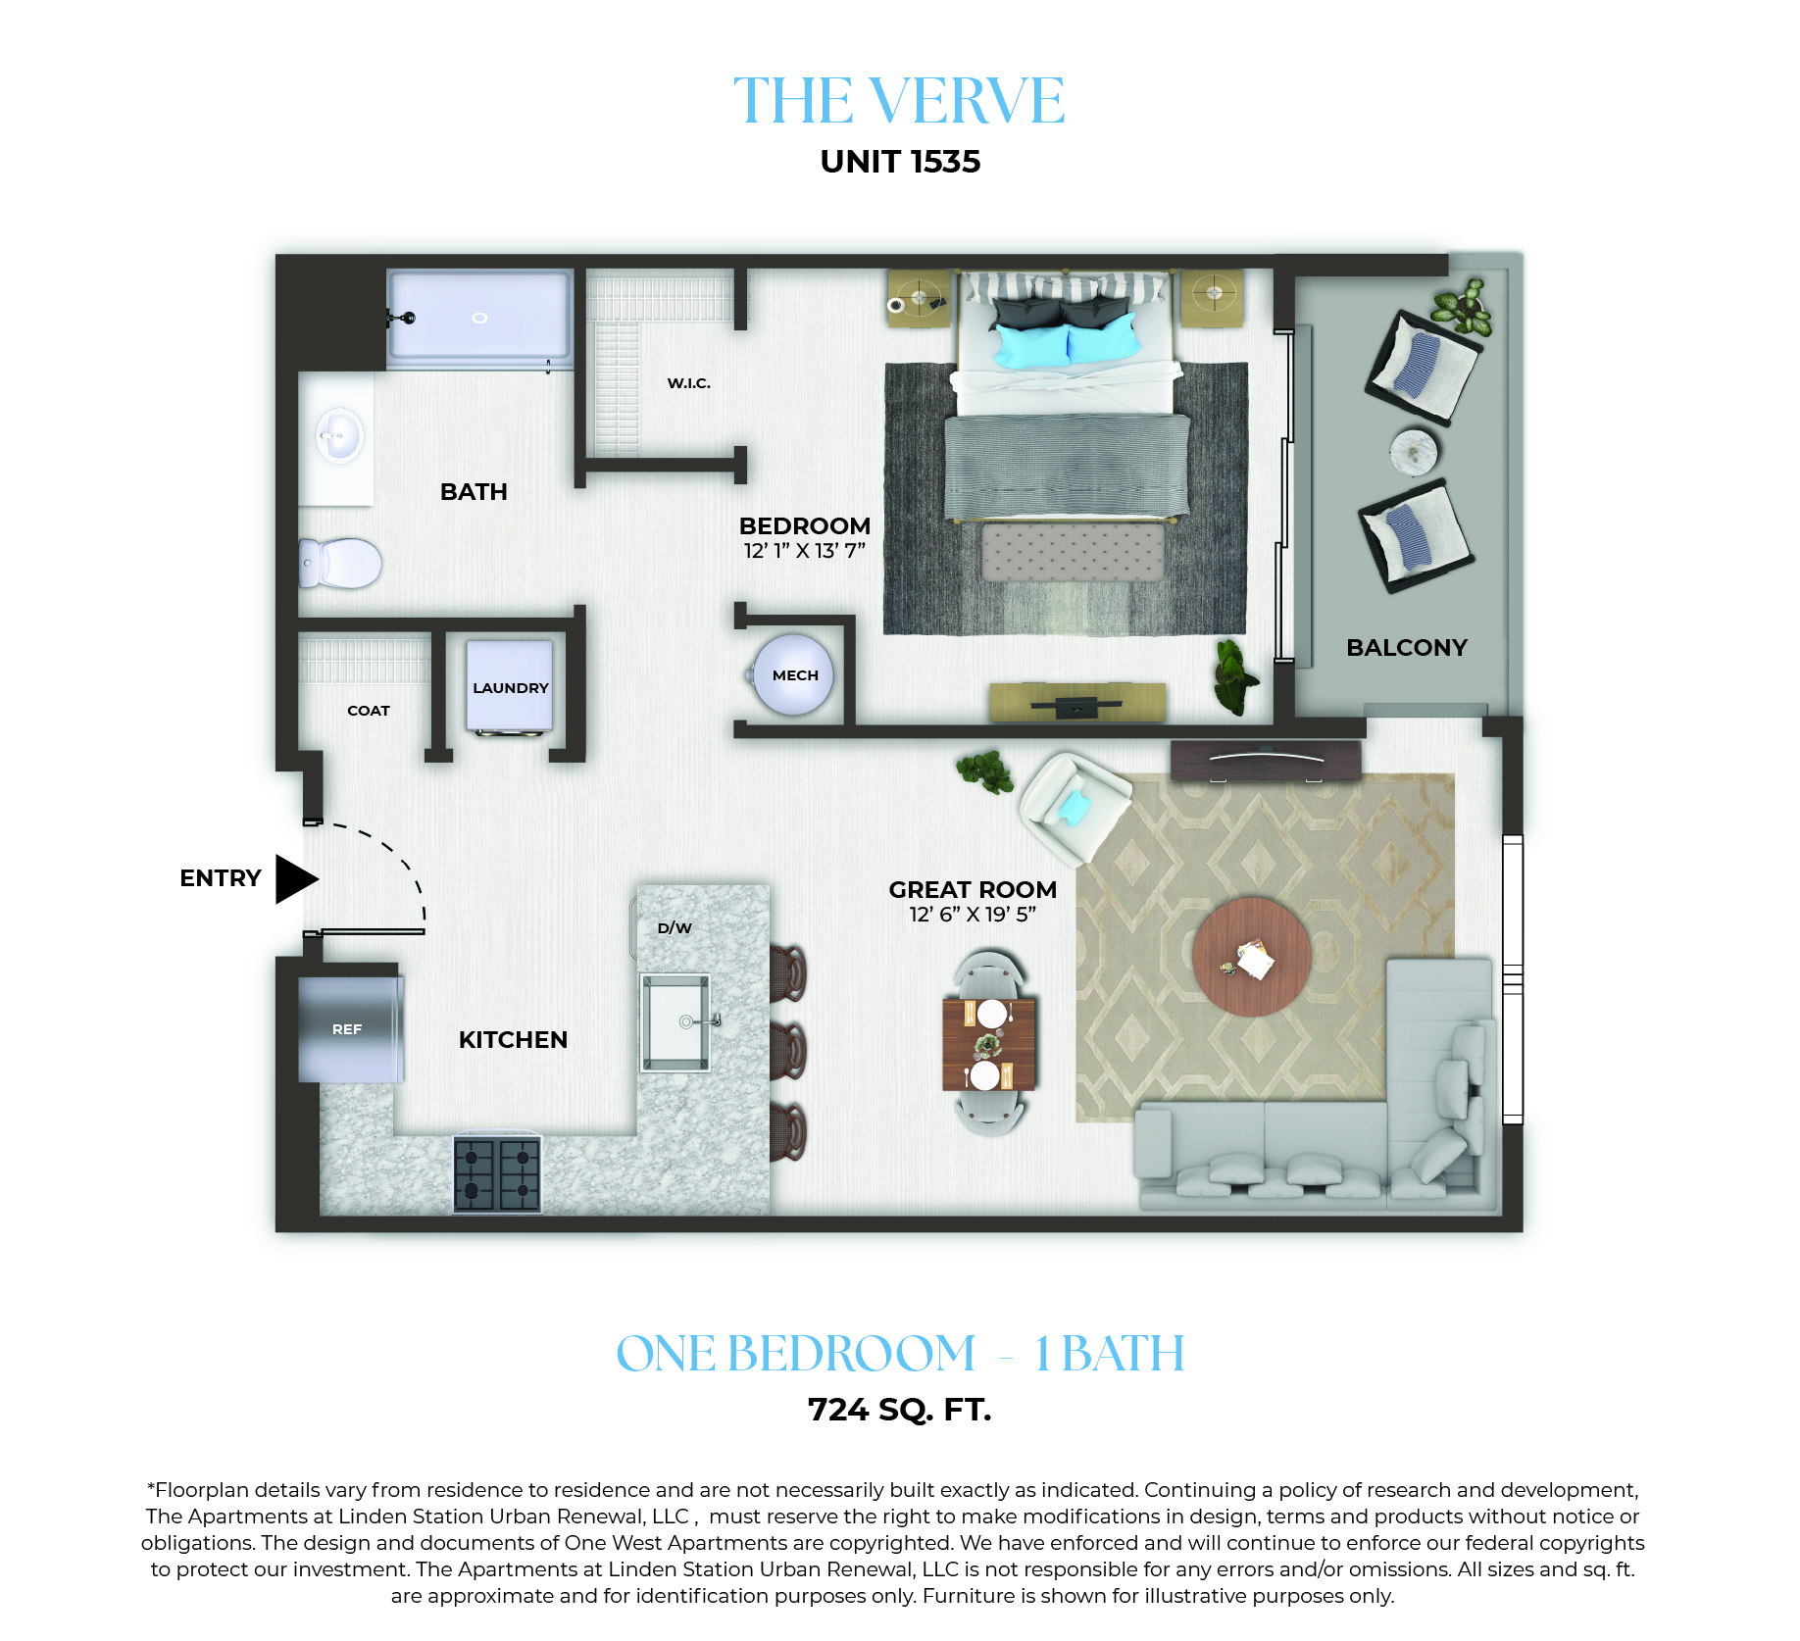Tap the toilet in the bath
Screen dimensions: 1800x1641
tap(339, 564)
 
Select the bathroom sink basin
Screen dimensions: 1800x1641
tap(339, 434)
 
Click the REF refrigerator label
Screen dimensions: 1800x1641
tap(347, 1029)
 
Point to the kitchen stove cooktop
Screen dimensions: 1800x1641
tap(497, 1173)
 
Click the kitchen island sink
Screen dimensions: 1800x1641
tap(675, 1022)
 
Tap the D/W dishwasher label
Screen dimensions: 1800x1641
tap(675, 927)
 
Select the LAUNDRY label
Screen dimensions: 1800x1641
tap(511, 688)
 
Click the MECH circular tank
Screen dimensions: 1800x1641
tap(793, 675)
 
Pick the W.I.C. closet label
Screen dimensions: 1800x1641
tap(689, 383)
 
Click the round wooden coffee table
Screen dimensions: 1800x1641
tap(1252, 957)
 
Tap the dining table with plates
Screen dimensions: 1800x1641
tap(989, 1044)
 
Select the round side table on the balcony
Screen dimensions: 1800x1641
tap(1414, 452)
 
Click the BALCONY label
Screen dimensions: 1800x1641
tap(1407, 647)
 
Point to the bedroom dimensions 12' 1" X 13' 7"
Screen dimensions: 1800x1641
tap(805, 551)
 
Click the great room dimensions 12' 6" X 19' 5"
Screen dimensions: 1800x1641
tap(973, 915)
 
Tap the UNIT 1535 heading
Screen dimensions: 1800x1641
tap(900, 162)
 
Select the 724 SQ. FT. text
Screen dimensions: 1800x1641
tap(900, 1410)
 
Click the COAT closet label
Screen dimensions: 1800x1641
tap(369, 711)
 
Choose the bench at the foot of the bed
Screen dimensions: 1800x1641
tap(1073, 552)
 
